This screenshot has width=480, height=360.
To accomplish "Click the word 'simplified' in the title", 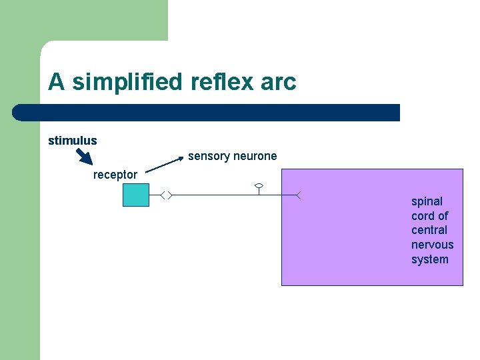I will point(126,82).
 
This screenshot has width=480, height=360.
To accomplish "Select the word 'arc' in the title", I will point(279,82).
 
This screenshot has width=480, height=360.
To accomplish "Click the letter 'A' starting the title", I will point(56,82).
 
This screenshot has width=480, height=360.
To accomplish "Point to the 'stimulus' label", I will point(73,141).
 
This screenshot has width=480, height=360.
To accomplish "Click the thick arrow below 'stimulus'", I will point(83,156).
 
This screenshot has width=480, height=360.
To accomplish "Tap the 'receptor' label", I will point(115,175).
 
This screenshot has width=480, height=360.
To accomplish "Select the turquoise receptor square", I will point(136,194).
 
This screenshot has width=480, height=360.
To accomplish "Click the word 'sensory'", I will point(209,156).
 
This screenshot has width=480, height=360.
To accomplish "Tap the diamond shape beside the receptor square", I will point(167,195).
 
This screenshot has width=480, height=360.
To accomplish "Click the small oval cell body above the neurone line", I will point(259,185).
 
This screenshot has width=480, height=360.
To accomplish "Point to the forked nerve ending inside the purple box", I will point(299,195).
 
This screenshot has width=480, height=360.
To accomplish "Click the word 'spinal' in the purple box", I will point(427,201).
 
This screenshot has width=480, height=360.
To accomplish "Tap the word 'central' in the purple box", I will point(429,230).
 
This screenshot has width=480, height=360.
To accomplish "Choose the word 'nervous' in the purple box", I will point(432,245).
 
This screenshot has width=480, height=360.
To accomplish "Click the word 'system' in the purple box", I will point(430,259).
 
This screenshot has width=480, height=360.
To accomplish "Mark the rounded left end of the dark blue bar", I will point(19,113).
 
